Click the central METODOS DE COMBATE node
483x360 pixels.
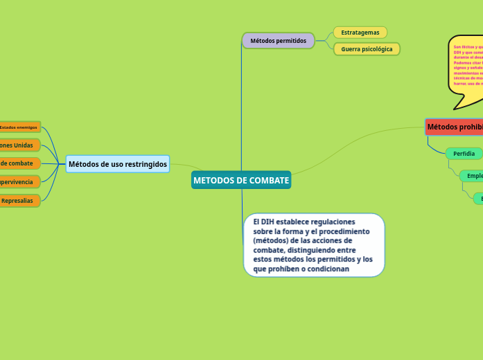coord(241,180)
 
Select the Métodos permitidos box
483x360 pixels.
coord(278,41)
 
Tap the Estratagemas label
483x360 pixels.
coord(360,33)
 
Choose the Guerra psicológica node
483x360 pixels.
coord(367,49)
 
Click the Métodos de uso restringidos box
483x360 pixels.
coord(118,164)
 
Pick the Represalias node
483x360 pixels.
coord(19,201)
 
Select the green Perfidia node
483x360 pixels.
coord(464,154)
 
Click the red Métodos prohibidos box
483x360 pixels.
coord(455,127)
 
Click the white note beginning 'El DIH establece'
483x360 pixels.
coord(313,245)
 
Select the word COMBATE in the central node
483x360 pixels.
coord(270,180)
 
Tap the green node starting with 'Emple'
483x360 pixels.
coord(473,176)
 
